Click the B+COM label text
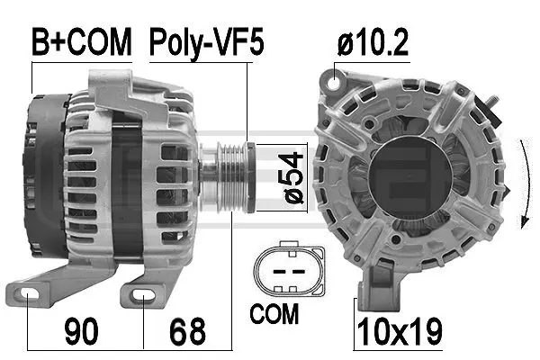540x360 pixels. pyautogui.click(x=82, y=41)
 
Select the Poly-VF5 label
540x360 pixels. pyautogui.click(x=206, y=41)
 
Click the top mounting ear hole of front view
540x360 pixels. pyautogui.click(x=338, y=80)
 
